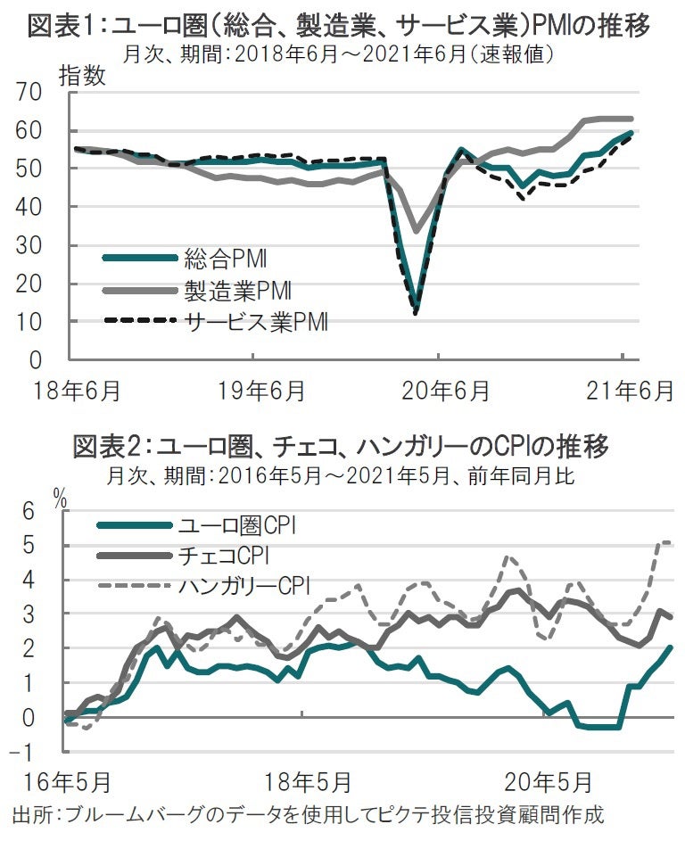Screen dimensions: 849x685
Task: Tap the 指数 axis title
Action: (82, 75)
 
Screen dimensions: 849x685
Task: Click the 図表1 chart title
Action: (339, 25)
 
